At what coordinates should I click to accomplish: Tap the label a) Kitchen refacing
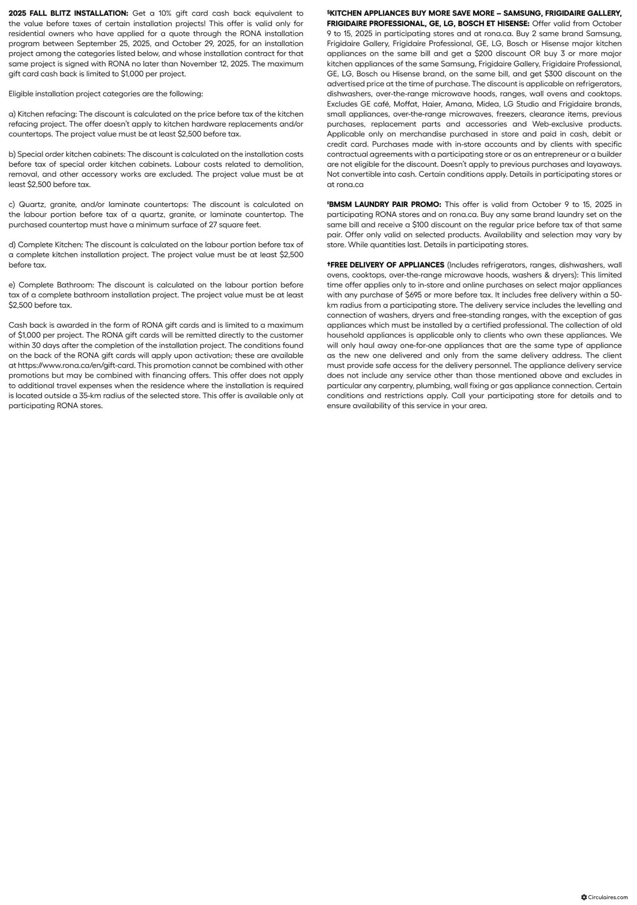(x=42, y=114)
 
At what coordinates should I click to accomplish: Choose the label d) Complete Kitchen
(x=46, y=245)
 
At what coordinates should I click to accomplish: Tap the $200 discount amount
(x=483, y=54)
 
